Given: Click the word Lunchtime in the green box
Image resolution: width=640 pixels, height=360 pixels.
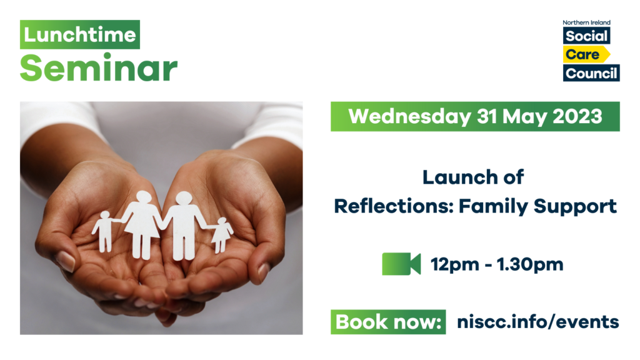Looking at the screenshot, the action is click(79, 35).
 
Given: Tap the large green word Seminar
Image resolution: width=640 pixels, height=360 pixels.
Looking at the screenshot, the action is click(99, 67).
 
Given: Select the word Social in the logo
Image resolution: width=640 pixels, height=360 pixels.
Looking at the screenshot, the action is click(586, 36).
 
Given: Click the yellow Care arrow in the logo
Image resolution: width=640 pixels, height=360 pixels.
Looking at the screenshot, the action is click(586, 54).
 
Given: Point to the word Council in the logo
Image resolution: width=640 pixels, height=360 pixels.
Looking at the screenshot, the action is click(591, 74).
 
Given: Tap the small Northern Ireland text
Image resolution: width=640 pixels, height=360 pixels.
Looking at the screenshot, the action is click(586, 22).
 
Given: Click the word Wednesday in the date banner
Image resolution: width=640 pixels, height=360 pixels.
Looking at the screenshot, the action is click(410, 116).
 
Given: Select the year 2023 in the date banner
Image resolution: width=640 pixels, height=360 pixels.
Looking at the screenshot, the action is click(577, 116).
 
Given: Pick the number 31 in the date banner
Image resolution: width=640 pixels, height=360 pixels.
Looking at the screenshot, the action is click(487, 116).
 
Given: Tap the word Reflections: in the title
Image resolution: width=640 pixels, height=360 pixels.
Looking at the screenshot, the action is click(394, 206).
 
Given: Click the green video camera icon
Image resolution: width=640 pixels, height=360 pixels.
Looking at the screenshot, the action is click(401, 264).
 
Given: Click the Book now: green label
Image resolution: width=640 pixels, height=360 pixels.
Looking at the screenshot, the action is click(388, 322).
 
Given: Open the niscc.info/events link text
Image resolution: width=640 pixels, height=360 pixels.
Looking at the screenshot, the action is click(538, 322).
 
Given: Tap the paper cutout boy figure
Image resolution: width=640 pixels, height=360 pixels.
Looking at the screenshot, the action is click(104, 231).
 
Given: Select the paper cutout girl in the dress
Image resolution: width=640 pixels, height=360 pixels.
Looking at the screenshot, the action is click(222, 235).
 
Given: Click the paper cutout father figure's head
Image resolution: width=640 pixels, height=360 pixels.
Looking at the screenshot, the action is click(184, 198).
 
